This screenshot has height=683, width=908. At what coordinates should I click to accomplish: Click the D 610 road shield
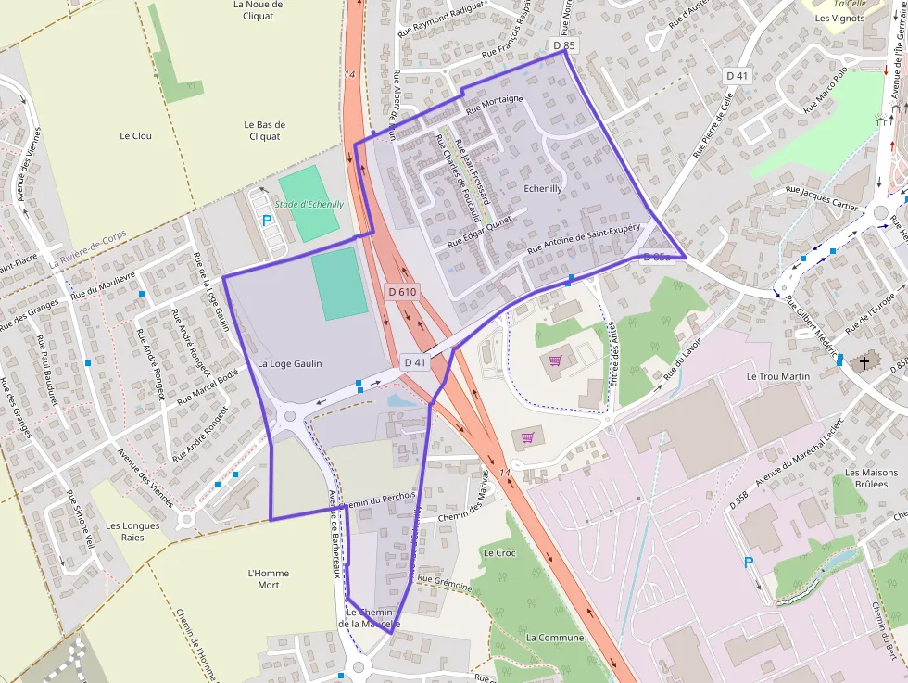coord(403,292)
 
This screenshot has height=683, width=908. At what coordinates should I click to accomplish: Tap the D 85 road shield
coord(563,44)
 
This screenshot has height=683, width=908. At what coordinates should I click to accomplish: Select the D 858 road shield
coord(740,499)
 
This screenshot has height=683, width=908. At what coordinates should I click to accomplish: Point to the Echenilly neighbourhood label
coord(543,188)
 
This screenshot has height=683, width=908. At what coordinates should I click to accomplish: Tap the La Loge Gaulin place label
coord(290,364)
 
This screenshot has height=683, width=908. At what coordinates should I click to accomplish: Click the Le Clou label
coord(135,135)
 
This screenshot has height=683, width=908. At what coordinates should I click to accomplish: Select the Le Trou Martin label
coord(778,376)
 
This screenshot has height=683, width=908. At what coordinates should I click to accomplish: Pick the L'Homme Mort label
coord(269,578)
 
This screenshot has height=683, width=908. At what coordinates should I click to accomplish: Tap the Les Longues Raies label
coord(132,531)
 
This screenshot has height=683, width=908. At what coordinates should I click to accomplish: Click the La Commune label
coord(555,638)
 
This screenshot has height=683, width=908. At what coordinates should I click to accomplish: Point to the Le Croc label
coord(499,552)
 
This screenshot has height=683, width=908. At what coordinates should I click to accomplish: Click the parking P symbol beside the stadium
coord(267,221)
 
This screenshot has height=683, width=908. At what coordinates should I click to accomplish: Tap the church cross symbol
coord(865,363)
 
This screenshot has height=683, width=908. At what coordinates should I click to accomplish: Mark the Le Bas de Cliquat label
coord(264,130)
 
